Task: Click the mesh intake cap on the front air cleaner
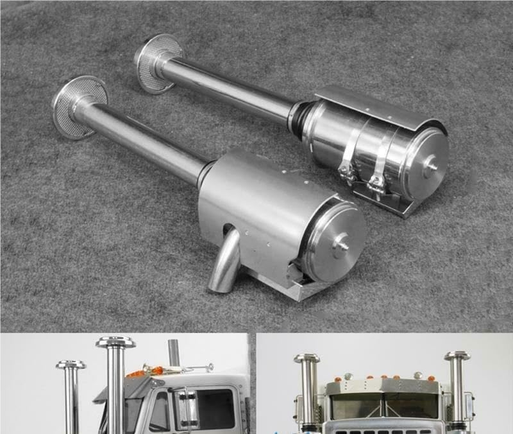78,107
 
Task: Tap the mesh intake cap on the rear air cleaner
157,63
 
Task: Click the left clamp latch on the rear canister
347,170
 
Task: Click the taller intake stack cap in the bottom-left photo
115,342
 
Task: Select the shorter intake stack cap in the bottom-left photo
71,365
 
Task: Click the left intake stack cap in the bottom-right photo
307,358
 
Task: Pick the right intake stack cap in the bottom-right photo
457,356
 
